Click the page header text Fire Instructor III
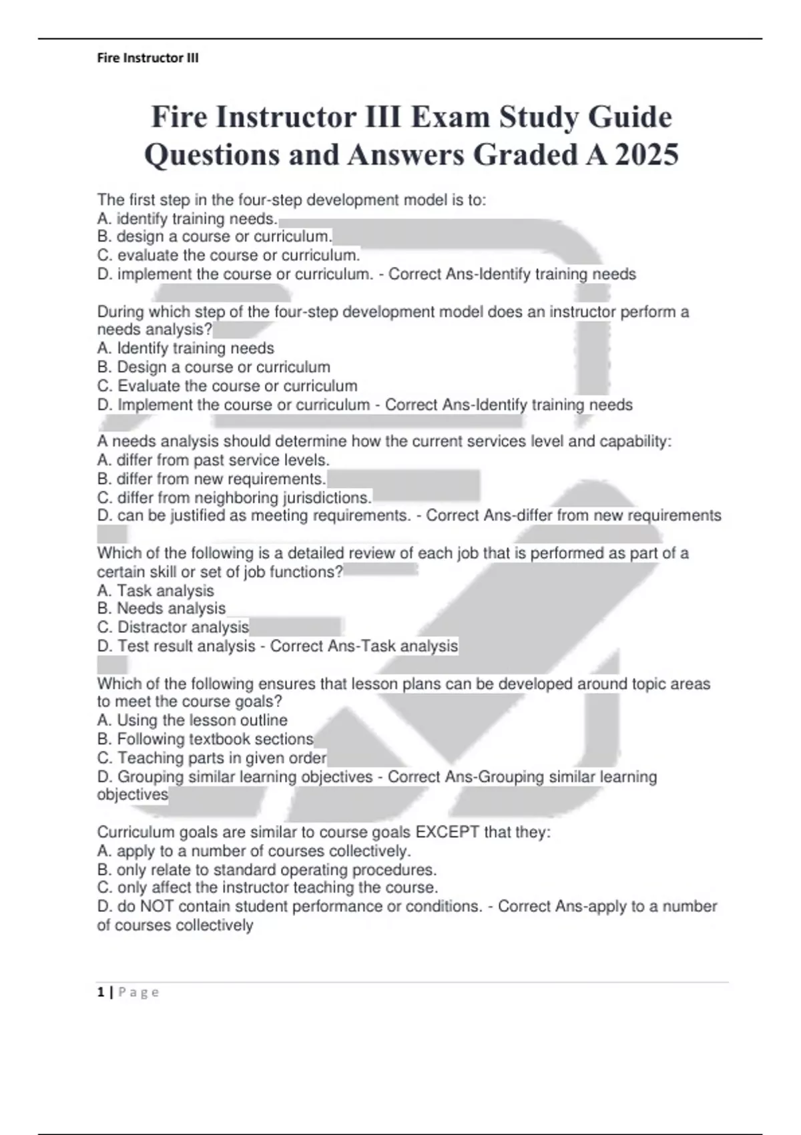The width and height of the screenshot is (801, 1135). [148, 58]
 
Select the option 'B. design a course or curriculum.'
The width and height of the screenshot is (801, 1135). [214, 236]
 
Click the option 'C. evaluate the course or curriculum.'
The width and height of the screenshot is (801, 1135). [228, 255]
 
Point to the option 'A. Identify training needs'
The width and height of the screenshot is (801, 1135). [186, 348]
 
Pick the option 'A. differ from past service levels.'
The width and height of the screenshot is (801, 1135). [213, 460]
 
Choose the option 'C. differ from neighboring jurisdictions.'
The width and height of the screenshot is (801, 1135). [234, 497]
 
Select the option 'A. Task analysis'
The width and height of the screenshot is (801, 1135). [156, 590]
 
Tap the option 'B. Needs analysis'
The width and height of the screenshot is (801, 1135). [161, 608]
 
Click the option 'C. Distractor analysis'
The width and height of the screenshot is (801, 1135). [173, 627]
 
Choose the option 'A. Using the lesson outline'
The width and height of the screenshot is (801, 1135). [192, 720]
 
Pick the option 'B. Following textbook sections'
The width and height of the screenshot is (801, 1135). [205, 738]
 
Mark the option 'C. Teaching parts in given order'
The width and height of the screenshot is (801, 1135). [212, 758]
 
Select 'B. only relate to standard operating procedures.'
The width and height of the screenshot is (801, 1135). [267, 870]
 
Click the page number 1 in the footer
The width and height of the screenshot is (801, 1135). [101, 992]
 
